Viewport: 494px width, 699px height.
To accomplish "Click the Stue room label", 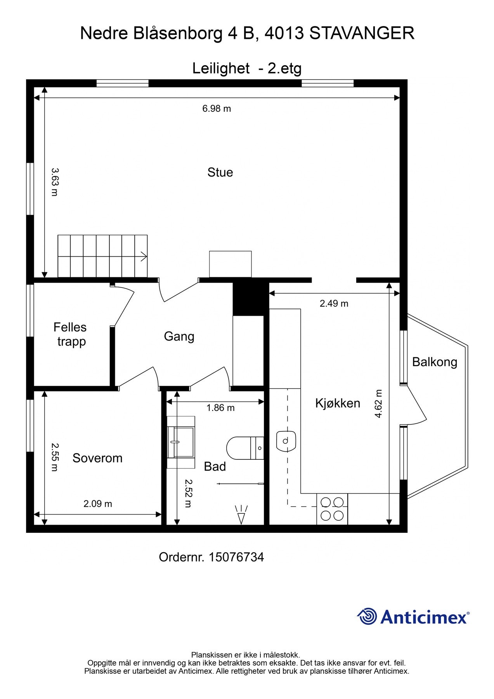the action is coord(220,172).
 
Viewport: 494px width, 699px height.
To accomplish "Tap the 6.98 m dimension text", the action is coord(217,109).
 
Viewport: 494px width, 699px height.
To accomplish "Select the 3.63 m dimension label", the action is coord(55,182).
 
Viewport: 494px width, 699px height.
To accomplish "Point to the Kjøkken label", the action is coord(338,403).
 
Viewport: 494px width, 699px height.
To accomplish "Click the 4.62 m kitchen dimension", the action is coord(379,403).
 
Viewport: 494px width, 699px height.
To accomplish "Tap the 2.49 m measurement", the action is coord(334,304).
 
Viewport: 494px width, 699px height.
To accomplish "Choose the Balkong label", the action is coord(435,362).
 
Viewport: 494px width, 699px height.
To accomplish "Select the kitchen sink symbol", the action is coord(286,441).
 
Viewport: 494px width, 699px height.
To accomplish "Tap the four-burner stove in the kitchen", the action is coord(332,509).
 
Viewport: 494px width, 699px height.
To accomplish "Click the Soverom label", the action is coord(97,458).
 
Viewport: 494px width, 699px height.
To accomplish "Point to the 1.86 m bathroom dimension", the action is coord(220,408).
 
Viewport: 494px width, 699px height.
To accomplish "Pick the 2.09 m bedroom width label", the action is coord(98,504).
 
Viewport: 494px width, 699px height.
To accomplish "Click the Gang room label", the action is coord(179,336).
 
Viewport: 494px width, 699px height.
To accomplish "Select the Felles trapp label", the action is coord(70,334).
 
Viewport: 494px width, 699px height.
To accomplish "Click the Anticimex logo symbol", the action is coord(367,616).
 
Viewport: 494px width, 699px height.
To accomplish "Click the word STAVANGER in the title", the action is coord(362,33).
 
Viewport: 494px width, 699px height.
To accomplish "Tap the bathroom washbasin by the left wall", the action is coord(181,442).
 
